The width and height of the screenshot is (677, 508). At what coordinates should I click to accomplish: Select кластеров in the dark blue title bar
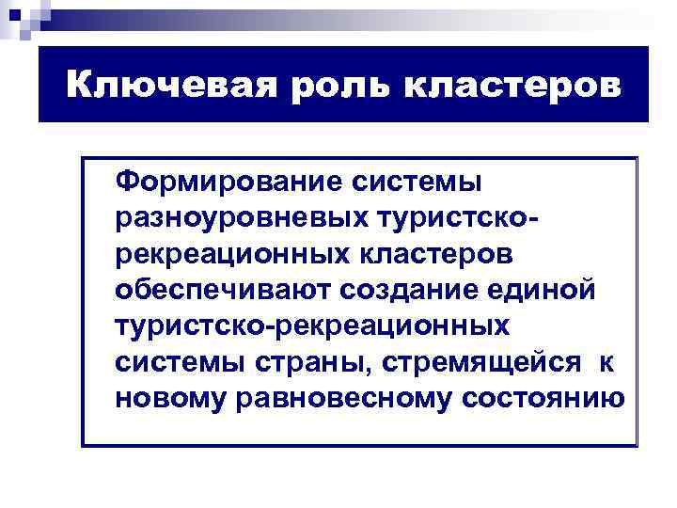point(512,87)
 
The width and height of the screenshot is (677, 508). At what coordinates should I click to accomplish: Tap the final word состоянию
point(543,399)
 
